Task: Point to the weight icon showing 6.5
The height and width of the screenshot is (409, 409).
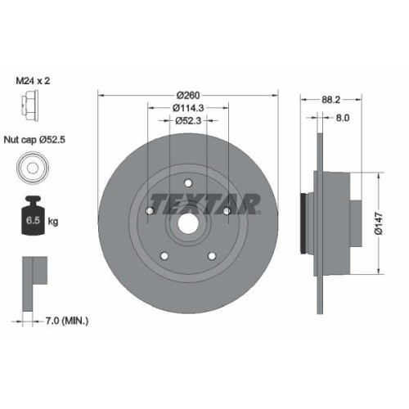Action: pos(29,217)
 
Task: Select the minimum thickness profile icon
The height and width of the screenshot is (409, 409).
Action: pos(29,274)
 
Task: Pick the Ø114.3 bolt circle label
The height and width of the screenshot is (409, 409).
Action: pos(188,108)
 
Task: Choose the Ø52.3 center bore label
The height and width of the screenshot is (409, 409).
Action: pos(189,122)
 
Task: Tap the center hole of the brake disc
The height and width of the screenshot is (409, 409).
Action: pos(188,221)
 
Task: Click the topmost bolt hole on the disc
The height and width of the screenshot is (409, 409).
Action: pos(188,182)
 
